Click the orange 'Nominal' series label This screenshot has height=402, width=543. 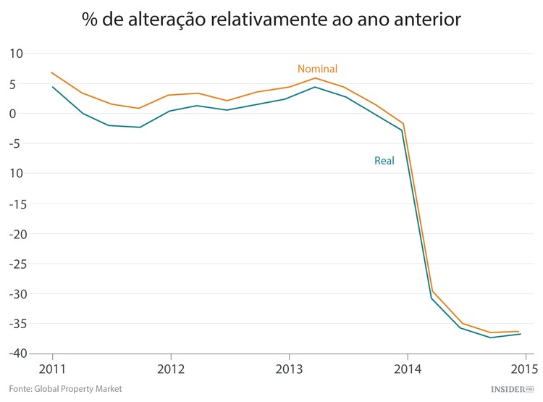pos(317,69)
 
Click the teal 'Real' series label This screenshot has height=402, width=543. pos(384,161)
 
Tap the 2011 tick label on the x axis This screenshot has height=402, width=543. pos(52,367)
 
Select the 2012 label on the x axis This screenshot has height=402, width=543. pos(170,367)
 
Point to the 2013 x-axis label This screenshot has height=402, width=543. pos(289,367)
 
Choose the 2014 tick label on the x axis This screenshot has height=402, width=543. pos(408,367)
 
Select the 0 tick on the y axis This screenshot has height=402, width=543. pos(21,114)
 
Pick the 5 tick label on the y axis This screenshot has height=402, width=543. pos(21,83)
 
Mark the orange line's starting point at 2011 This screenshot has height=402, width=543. pos(52,72)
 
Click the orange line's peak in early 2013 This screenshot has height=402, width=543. pos(315,78)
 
